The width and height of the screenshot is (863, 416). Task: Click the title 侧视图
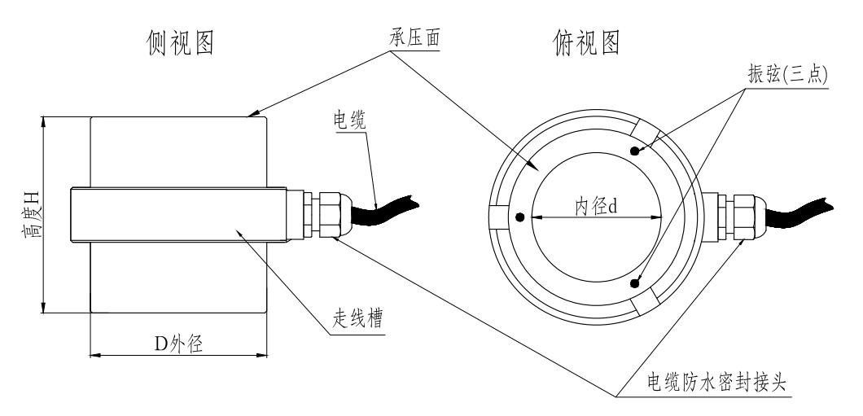click(181, 42)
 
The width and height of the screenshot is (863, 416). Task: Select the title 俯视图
click(587, 42)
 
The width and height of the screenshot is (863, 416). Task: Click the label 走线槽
click(357, 318)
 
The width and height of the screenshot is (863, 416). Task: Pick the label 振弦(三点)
click(787, 74)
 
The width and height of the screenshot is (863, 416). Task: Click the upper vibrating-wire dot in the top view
click(634, 151)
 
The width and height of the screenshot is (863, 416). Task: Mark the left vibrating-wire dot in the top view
click(519, 217)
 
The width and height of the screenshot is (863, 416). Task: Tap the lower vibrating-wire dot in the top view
click(634, 283)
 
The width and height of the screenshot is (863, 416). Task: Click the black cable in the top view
click(798, 214)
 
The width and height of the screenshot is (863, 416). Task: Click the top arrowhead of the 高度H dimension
click(42, 122)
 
